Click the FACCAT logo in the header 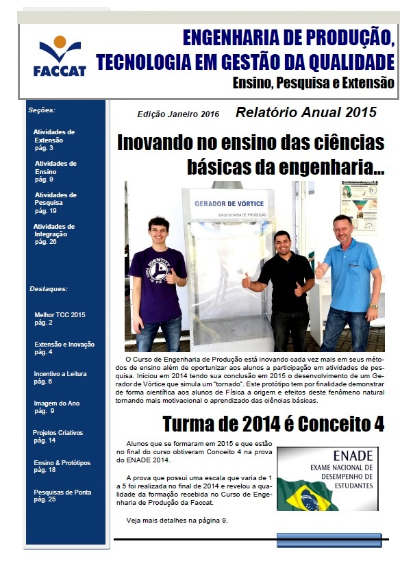[60, 56]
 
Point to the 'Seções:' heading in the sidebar [42, 110]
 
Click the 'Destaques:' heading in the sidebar [49, 289]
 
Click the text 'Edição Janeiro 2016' [178, 114]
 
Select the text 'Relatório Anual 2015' [305, 112]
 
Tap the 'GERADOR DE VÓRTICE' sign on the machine [229, 204]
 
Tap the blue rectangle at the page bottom [328, 540]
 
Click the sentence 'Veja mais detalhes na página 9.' [177, 521]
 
